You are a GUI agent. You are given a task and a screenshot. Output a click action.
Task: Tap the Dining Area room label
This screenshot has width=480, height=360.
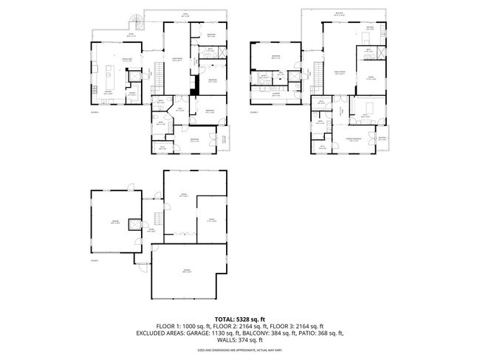[126, 60]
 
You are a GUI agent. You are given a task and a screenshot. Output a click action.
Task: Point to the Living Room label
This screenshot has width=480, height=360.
[177, 60]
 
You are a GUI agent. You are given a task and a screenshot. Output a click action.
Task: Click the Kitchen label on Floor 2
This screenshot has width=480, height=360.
[108, 93]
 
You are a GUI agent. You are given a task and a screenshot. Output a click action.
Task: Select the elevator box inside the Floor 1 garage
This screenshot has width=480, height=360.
[134, 225]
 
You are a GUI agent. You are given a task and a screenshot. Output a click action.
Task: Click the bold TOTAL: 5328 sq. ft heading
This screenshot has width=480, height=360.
[240, 318]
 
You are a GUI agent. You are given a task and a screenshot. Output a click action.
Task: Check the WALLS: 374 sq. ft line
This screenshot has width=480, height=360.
[240, 340]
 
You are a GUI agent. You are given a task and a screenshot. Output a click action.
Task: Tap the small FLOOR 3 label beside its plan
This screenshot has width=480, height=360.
[254, 112]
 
